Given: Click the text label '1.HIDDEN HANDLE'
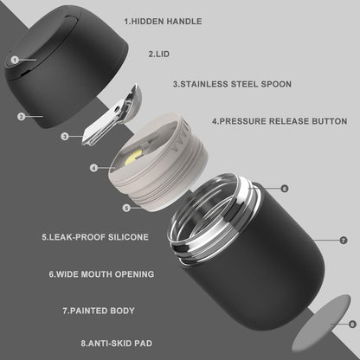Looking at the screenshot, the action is click(163, 22).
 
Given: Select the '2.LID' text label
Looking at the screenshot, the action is click(159, 54).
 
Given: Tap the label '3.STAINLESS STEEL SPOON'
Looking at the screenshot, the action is click(232, 84).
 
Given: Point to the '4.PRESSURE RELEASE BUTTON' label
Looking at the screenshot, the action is click(280, 121).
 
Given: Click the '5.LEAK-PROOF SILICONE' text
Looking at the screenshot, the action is click(95, 237).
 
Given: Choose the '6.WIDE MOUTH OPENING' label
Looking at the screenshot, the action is click(101, 274).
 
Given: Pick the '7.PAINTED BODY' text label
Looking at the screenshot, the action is click(99, 311).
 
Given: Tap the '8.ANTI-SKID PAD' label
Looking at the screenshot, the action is click(117, 344).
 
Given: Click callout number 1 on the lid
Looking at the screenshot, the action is click(15, 60).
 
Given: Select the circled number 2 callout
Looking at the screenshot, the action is click(21, 117).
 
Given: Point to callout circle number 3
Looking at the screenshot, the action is click(65, 137).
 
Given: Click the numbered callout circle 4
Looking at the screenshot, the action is click(93, 168).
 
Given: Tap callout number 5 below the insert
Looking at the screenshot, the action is click(126, 208).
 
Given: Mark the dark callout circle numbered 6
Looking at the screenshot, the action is click(285, 189).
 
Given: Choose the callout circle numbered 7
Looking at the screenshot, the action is click(344, 240).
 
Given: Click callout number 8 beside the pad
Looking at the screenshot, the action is click(352, 325).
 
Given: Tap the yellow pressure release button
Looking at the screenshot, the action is click(133, 157).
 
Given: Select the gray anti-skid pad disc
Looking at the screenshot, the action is click(321, 323).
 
